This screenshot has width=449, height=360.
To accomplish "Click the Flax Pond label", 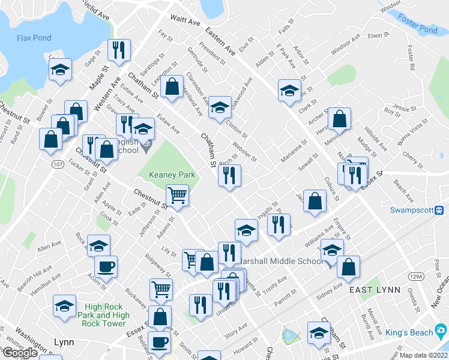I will click(34, 38).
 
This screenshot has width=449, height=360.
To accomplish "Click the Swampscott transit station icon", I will click(439, 210).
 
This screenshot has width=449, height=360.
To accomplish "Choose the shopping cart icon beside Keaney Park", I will click(178, 195).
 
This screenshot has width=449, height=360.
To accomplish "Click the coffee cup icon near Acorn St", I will click(106, 266).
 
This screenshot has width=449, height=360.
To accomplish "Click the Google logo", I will click(20, 353).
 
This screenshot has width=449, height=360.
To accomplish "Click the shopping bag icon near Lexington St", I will click(172, 86).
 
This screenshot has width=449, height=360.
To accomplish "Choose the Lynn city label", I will click(63, 343).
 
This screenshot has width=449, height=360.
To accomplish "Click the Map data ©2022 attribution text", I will click(424, 355).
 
